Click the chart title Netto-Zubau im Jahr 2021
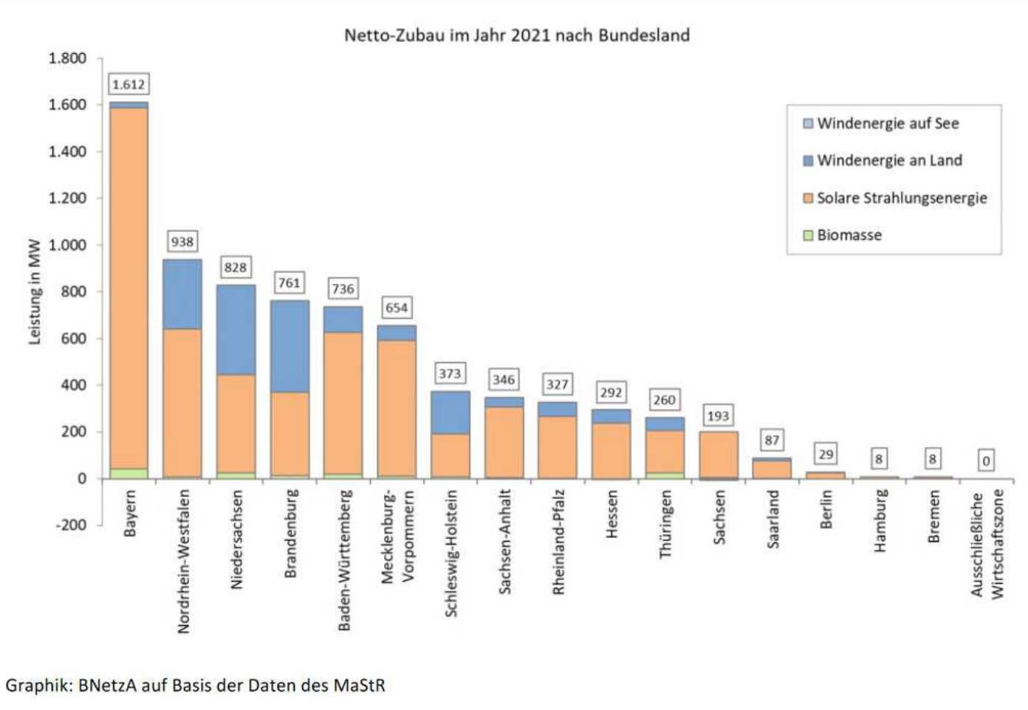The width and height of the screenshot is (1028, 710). coord(516,35)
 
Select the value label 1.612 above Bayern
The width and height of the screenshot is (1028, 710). coord(128,84)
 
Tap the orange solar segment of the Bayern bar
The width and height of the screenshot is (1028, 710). coord(128,288)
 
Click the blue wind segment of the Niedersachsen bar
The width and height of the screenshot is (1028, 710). coord(236,329)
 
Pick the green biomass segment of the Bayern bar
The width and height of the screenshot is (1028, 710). coord(128,473)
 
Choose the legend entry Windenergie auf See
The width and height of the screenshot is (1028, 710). coord(887,123)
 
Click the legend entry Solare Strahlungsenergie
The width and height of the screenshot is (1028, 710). coord(901,198)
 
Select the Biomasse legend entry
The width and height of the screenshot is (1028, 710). coord(849,235)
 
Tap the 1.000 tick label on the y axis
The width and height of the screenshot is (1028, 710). coord(67,245)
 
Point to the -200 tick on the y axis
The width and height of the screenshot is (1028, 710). coord(71,525)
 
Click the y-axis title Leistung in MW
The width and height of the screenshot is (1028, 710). coord(34,292)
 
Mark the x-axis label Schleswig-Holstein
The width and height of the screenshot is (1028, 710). coord(450,554)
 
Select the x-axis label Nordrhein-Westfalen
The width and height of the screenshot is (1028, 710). coord(183,561)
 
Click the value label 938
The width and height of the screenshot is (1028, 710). coord(182,241)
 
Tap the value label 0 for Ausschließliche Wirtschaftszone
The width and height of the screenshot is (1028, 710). coord(985,461)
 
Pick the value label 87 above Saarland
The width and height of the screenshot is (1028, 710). coord(772,440)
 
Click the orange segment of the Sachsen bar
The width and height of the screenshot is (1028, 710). coord(718,454)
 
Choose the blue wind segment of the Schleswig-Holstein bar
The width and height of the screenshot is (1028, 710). coord(450,412)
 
